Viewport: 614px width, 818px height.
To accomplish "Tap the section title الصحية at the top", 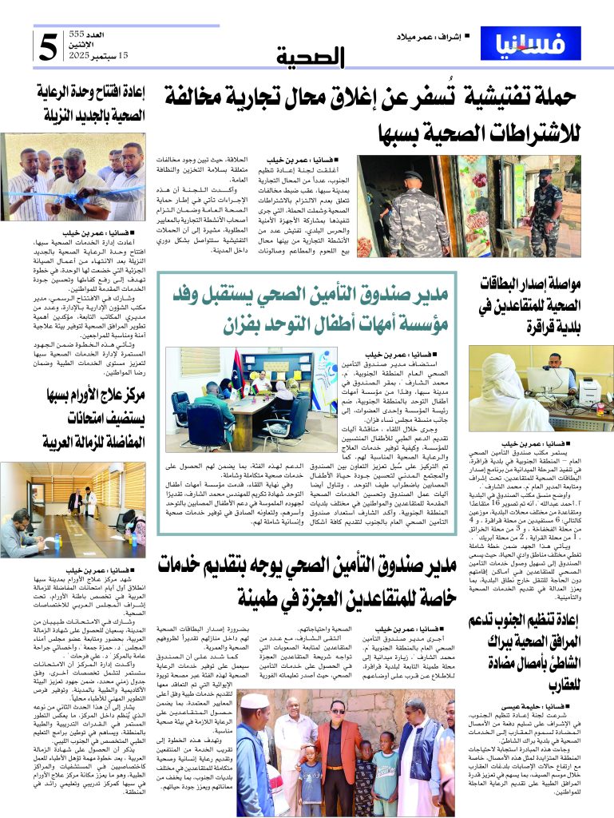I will click(x=311, y=58).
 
